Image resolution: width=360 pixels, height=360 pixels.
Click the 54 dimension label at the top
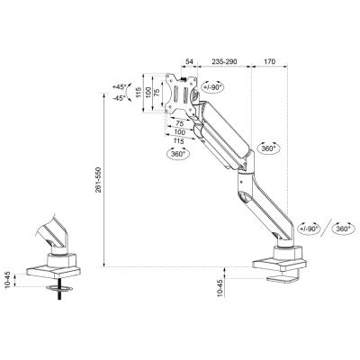pos(189,62)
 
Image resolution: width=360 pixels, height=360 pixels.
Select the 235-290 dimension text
pos(224,62)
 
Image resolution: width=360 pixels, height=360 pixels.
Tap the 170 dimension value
pos(269,62)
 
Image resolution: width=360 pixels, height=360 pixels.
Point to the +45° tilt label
pos(120,87)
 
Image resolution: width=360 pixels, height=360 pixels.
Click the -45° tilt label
pos(120,98)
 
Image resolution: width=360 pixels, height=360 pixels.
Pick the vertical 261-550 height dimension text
pos(99,180)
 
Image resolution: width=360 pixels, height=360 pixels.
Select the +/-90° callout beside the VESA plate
pos(212,87)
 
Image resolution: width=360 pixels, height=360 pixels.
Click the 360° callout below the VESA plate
pos(178,154)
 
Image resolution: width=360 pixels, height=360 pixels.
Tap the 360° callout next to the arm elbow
pos(268,148)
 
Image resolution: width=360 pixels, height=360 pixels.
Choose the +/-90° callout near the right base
pos(309,229)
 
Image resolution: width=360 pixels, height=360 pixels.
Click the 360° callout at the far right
pos(343,229)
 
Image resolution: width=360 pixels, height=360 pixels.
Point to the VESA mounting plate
pos(181,94)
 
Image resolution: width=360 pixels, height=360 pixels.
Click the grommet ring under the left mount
pos(59,288)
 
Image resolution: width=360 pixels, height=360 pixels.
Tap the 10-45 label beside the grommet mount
pos(8,280)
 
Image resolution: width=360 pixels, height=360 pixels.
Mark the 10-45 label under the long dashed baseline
pos(220,288)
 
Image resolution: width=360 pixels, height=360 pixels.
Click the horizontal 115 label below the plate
pos(179,140)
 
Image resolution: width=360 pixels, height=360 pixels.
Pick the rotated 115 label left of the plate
pos(139,94)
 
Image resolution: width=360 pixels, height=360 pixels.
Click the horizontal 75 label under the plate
pos(179,123)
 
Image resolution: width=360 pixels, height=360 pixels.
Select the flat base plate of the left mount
pos(53,271)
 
